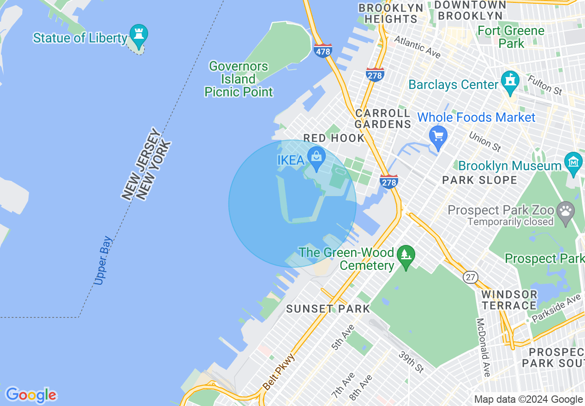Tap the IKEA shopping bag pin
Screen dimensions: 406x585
point(316,156)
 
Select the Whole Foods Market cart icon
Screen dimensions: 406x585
point(438,136)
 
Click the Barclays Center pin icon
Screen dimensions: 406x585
point(510,80)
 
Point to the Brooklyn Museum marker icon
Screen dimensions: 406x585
point(573,162)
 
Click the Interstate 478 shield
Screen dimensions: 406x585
point(322,51)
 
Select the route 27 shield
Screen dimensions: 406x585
point(470,277)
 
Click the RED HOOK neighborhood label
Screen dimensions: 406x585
point(334,138)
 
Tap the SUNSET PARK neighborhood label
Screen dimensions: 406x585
point(328,309)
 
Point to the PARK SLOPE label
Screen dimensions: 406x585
point(479,180)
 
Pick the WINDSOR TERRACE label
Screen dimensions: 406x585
point(509,300)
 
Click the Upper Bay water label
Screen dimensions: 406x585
point(102,261)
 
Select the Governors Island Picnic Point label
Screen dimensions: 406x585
point(239,79)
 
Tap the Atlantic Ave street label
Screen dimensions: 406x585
point(417,47)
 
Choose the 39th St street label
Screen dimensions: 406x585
point(411,361)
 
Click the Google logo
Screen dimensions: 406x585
point(30,395)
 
